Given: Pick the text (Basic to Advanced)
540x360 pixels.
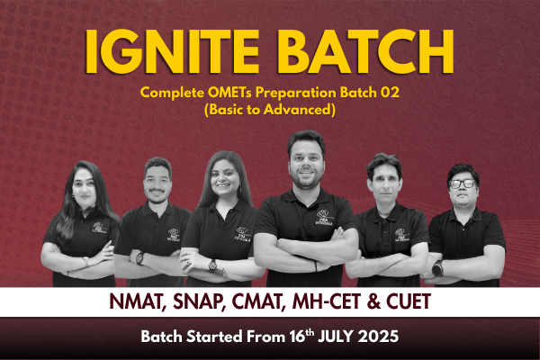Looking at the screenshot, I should (270, 110).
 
